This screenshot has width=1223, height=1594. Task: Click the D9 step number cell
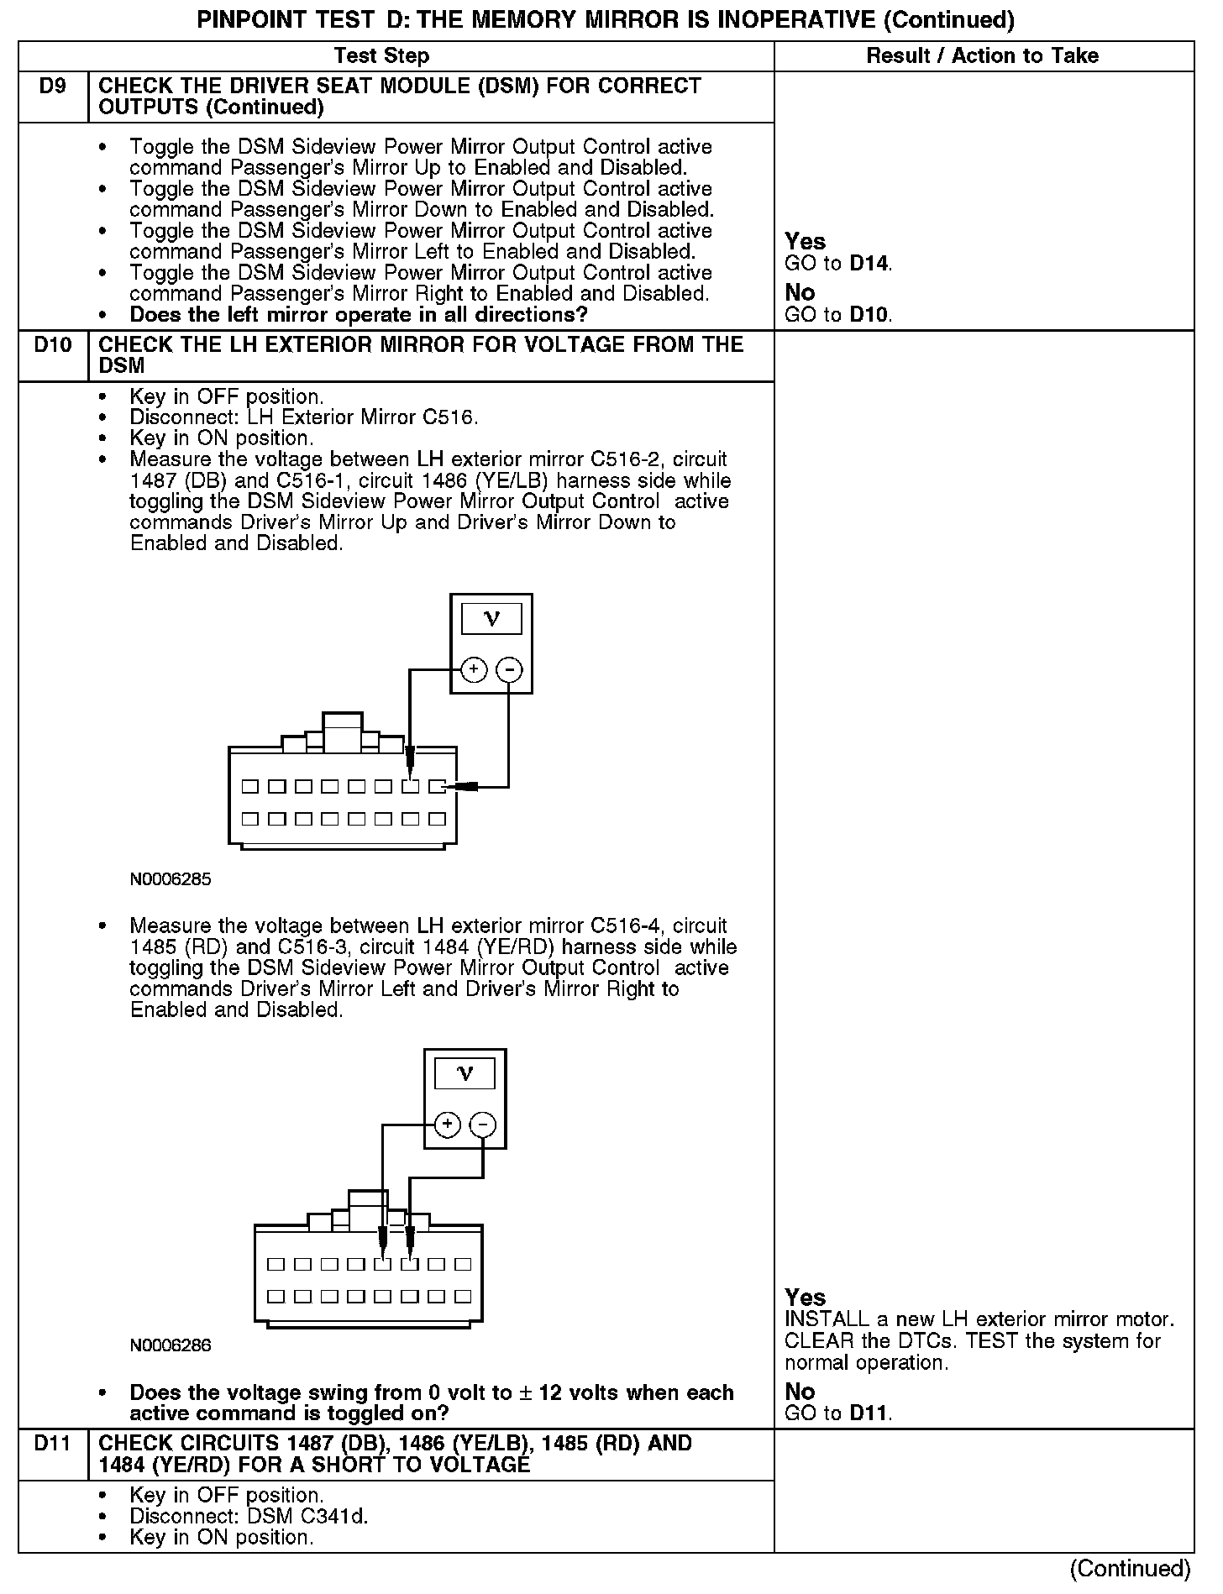52,87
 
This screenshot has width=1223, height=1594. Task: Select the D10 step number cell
52,345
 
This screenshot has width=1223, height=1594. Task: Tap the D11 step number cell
52,1445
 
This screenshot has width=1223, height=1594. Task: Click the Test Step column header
381,56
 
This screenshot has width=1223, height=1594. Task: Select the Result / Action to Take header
982,56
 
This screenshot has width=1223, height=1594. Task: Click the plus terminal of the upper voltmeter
475,670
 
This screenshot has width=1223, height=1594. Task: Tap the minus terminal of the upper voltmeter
509,670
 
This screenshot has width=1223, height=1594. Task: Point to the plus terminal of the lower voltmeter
448,1125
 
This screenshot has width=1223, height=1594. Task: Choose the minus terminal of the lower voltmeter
482,1125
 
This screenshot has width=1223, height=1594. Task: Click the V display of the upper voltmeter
491,620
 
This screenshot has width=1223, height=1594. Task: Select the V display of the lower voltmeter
465,1074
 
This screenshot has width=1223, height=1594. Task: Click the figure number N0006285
171,880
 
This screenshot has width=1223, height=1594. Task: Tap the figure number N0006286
171,1345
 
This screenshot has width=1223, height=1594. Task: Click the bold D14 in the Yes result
869,264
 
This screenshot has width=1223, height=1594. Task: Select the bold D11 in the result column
869,1413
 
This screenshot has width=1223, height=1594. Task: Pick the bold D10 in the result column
869,315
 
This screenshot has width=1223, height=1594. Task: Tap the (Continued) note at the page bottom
1130,1569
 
